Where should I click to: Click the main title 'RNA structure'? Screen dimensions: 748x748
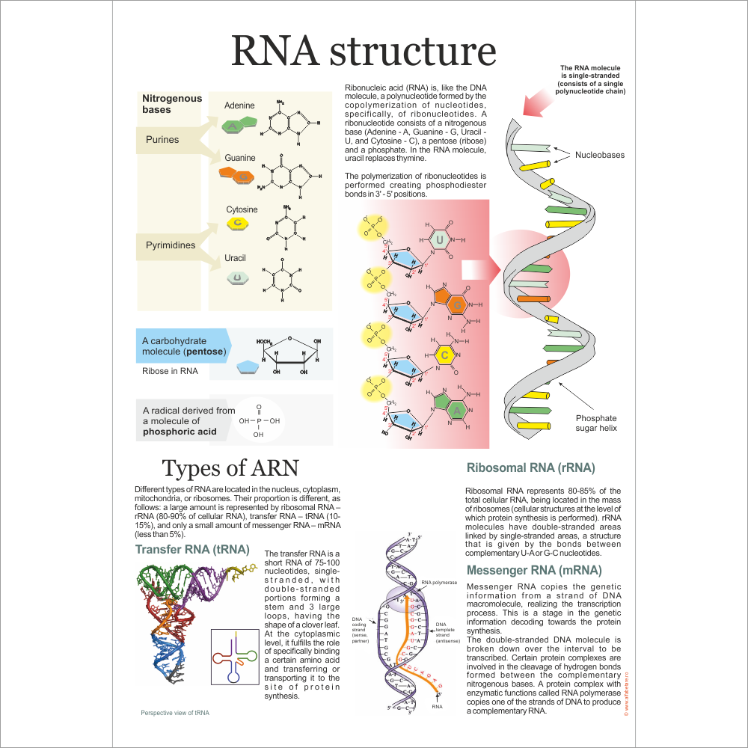pyautogui.click(x=364, y=52)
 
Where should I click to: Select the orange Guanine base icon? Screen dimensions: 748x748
pyautogui.click(x=237, y=176)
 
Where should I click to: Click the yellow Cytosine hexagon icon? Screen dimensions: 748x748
pyautogui.click(x=237, y=224)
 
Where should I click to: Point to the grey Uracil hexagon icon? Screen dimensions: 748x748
pyautogui.click(x=237, y=278)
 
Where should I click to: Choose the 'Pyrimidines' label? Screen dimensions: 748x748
pyautogui.click(x=170, y=245)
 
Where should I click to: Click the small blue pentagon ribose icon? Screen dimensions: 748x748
pyautogui.click(x=248, y=368)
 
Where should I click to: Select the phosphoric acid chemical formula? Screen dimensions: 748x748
pyautogui.click(x=259, y=421)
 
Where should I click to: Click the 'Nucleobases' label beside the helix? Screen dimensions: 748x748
pyautogui.click(x=599, y=155)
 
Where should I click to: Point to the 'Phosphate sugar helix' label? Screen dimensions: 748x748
pyautogui.click(x=596, y=423)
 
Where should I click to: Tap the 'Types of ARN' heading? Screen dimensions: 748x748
pyautogui.click(x=230, y=468)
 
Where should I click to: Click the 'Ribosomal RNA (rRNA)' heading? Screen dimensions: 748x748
pyautogui.click(x=530, y=468)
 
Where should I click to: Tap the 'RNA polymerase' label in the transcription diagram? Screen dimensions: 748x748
pyautogui.click(x=439, y=581)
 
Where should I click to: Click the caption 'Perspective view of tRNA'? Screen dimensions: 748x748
pyautogui.click(x=175, y=713)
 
